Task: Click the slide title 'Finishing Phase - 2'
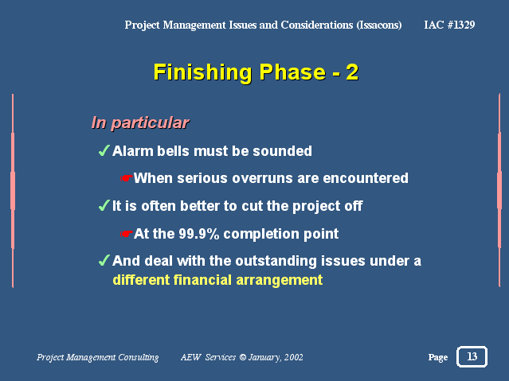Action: coord(256,72)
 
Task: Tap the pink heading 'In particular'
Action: coord(140,123)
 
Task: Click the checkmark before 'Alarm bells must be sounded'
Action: coord(104,150)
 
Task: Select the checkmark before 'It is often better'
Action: coord(104,205)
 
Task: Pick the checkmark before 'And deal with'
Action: coord(104,260)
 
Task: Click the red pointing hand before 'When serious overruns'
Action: coord(127,178)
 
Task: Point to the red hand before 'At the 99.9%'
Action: coord(127,234)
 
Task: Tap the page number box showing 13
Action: coord(472,356)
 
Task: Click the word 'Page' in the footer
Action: coord(438,357)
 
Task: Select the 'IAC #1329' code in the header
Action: coord(449,25)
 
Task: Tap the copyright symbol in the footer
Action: coord(242,357)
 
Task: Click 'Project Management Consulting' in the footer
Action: coord(98,357)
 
